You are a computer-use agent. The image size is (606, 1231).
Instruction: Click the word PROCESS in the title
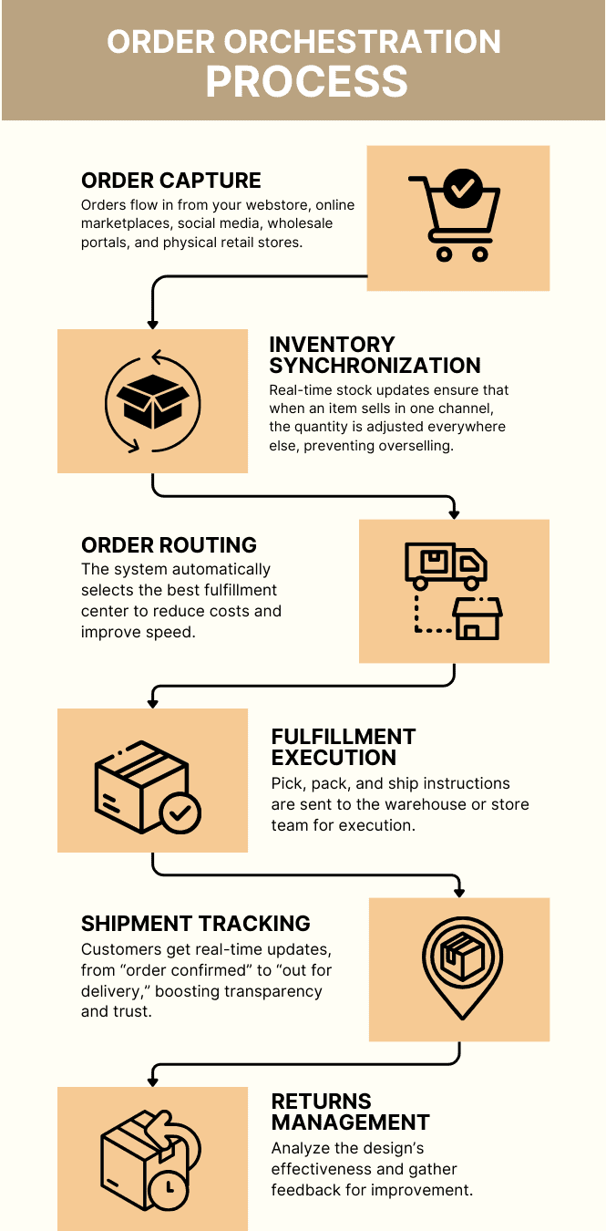tap(306, 81)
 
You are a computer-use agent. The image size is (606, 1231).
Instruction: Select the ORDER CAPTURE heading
tap(171, 181)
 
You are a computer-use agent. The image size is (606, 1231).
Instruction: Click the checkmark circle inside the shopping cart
tap(463, 189)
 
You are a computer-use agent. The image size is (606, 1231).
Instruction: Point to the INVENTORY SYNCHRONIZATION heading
tap(375, 355)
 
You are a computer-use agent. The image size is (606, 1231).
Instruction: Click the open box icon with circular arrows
tap(152, 401)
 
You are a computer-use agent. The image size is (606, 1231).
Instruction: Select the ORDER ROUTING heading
tap(169, 545)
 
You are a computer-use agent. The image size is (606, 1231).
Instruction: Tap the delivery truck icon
tap(445, 565)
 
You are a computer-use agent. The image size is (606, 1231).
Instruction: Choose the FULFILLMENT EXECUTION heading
tap(344, 747)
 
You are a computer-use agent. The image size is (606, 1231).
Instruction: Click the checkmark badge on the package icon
tap(180, 812)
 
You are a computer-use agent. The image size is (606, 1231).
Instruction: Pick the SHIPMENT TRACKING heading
tap(196, 923)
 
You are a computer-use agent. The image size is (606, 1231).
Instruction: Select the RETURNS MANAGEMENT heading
tap(350, 1112)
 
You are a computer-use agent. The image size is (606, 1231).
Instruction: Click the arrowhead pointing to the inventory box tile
tap(153, 323)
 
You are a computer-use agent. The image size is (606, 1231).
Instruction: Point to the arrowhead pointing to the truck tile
tap(455, 512)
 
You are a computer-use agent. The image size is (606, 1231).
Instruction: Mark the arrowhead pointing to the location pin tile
tap(459, 891)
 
